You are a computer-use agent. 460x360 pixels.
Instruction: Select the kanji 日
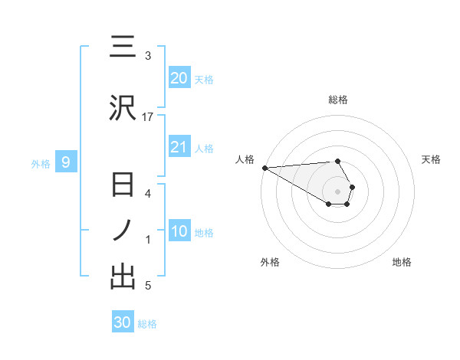[122, 186]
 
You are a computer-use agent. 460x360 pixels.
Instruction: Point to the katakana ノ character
[122, 231]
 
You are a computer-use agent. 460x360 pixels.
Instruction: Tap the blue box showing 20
[179, 77]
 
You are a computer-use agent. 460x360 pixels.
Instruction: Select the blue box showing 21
[179, 147]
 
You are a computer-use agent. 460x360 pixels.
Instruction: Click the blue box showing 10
[179, 231]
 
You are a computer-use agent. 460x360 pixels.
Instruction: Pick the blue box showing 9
[66, 162]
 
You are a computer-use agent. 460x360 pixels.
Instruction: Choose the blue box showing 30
[123, 322]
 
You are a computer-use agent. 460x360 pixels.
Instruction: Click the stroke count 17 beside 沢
[148, 116]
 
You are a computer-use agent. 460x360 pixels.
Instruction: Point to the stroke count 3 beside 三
[148, 56]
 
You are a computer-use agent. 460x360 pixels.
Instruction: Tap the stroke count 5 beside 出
[148, 286]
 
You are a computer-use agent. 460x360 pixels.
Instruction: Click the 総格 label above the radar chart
[338, 100]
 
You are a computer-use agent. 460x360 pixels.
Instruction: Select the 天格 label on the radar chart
[431, 159]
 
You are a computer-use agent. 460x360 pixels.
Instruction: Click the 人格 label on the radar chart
[245, 159]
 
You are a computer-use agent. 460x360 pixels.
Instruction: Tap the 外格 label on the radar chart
[269, 262]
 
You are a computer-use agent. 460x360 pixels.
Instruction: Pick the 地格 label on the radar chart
[402, 262]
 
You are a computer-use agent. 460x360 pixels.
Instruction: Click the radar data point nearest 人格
[264, 168]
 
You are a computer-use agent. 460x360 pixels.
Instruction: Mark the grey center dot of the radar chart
[338, 191]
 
